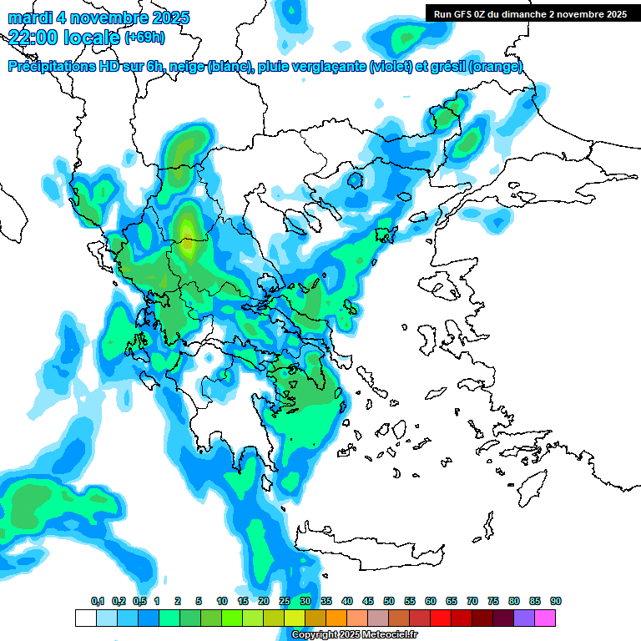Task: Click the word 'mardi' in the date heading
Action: pyautogui.click(x=31, y=18)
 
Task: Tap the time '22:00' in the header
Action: pyautogui.click(x=34, y=38)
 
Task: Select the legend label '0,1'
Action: pyautogui.click(x=97, y=602)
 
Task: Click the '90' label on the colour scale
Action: pyautogui.click(x=556, y=602)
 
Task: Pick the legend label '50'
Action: pyautogui.click(x=389, y=602)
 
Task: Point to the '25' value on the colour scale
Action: pyautogui.click(x=285, y=602)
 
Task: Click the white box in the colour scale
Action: pyautogui.click(x=85, y=618)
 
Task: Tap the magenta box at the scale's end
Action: pyautogui.click(x=546, y=618)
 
